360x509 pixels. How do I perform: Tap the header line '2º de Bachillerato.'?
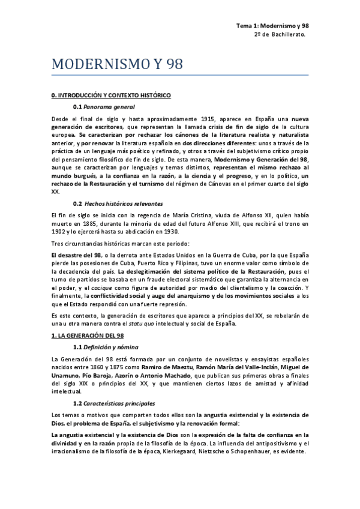280,35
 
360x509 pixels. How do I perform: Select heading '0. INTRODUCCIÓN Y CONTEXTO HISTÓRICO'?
111,95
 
